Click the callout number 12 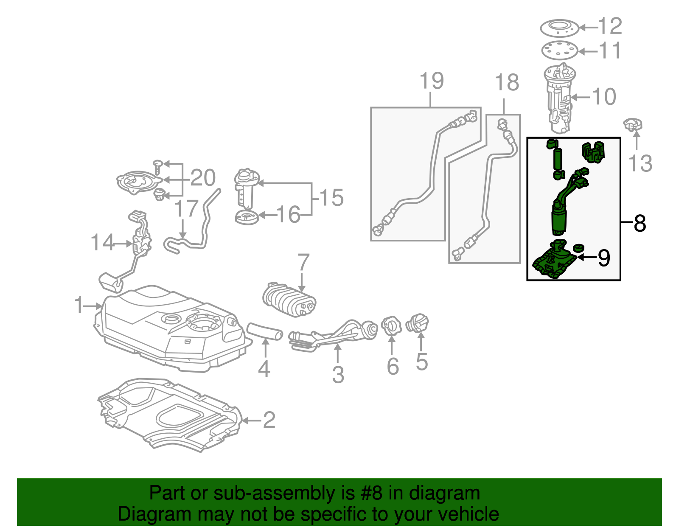point(610,26)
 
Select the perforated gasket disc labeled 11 point(560,51)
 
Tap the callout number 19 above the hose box point(432,81)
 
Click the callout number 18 point(507,82)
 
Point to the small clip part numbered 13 point(633,126)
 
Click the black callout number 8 point(640,223)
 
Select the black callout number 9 point(604,258)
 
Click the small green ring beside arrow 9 point(578,248)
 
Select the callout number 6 point(393,366)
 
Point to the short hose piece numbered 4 point(265,331)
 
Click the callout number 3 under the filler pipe point(338,375)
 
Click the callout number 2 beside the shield point(269,420)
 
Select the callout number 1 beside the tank point(79,305)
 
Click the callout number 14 point(102,243)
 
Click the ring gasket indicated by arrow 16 point(247,218)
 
